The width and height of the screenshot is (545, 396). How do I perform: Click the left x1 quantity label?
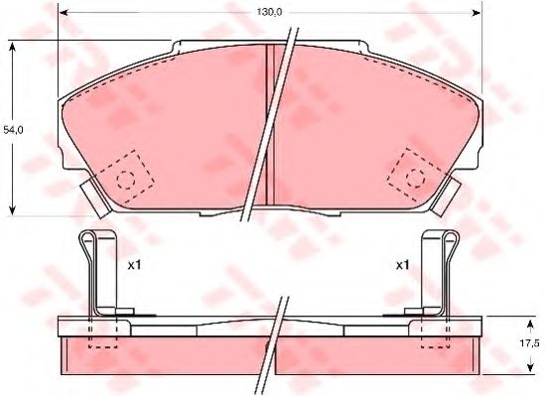tap(137, 266)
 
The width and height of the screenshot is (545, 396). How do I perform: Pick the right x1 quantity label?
tap(403, 266)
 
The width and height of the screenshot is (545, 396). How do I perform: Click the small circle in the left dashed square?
tap(126, 180)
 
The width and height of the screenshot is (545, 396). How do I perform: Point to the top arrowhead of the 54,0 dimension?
tap(11, 43)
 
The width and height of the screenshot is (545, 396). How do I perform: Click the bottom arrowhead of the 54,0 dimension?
tap(11, 211)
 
